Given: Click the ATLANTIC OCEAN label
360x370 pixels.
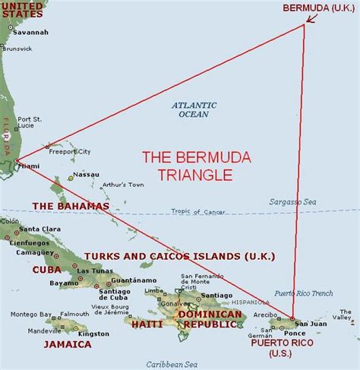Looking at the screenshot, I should (x=194, y=109).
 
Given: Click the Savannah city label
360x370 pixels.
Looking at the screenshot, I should (x=31, y=33).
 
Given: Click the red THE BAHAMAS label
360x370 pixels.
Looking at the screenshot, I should (x=71, y=206).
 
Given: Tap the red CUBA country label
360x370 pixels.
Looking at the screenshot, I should (x=46, y=270).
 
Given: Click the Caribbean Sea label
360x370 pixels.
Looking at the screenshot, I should (x=168, y=363).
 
